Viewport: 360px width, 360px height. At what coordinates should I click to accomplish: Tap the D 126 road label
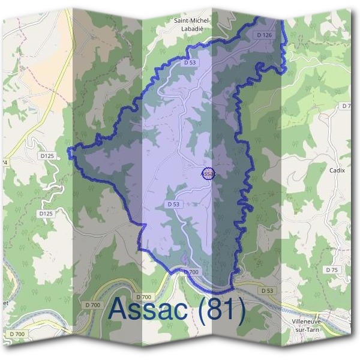264,35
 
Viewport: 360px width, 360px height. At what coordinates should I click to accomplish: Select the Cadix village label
337,170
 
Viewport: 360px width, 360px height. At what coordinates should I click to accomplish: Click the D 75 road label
332,270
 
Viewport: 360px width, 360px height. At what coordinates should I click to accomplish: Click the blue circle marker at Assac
208,173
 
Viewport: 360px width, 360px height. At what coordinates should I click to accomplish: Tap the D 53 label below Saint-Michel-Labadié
190,62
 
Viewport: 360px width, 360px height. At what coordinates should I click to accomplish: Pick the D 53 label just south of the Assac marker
173,205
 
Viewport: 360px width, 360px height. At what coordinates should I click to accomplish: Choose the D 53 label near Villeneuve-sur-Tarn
268,291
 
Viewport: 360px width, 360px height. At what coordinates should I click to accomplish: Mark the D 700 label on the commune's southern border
191,272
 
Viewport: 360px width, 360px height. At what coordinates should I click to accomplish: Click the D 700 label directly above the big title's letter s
143,297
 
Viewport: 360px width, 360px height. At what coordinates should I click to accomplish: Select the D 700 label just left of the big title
93,305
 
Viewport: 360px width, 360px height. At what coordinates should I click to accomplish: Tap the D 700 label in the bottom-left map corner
17,334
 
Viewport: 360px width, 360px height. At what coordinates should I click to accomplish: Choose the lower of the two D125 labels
46,213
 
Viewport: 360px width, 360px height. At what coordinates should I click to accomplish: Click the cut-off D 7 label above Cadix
346,106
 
